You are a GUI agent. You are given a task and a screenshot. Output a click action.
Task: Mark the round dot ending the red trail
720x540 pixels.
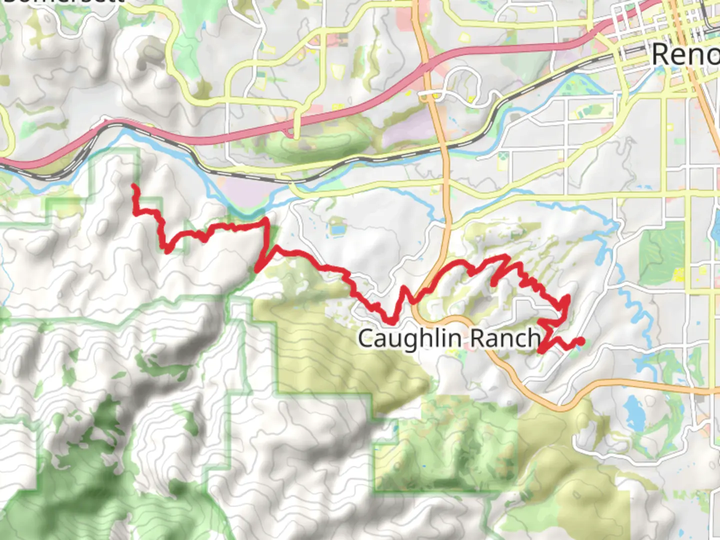[x=580, y=341]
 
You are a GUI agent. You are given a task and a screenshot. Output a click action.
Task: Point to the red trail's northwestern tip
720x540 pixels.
[x=133, y=186]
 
